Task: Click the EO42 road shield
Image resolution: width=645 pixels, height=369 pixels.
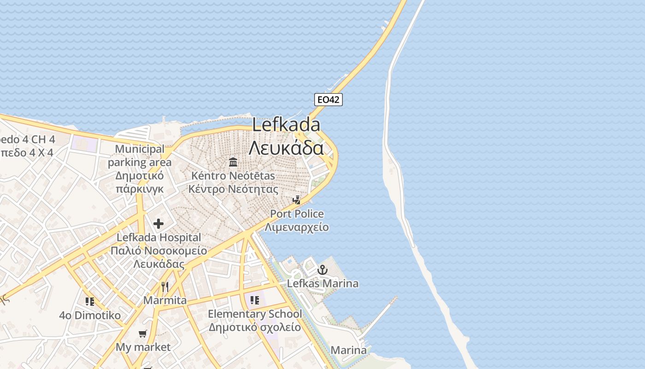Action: (x=328, y=99)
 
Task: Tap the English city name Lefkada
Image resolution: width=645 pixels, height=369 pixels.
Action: (x=286, y=125)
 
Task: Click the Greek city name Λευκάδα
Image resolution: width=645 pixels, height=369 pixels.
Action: (x=286, y=148)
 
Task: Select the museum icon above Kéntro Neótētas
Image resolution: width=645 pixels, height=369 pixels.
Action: (x=233, y=162)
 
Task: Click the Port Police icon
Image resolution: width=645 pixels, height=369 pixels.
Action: (x=297, y=200)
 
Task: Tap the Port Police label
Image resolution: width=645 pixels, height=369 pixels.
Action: (x=297, y=214)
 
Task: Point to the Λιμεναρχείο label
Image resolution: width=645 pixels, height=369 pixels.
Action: (x=297, y=227)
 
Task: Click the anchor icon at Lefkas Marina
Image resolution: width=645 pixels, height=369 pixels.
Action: (x=322, y=269)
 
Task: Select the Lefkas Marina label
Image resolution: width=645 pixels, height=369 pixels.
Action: (x=322, y=283)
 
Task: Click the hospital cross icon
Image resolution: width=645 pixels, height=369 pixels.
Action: (x=158, y=224)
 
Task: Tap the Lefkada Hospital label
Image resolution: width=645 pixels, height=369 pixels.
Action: (x=159, y=238)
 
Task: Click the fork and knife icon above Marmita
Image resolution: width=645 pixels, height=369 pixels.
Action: (x=165, y=287)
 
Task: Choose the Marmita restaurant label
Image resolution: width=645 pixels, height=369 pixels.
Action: (x=165, y=300)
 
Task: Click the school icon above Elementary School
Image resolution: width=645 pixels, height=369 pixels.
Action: (x=255, y=300)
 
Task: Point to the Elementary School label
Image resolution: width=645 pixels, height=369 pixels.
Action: (x=255, y=314)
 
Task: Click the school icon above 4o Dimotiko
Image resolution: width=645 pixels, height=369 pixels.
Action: (x=90, y=302)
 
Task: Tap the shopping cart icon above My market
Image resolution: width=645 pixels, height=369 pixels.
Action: (x=143, y=333)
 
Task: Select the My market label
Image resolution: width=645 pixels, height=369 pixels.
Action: (x=143, y=347)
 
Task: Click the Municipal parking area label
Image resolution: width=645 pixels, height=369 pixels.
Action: (x=140, y=156)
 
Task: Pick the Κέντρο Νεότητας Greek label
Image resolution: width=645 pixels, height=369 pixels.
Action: (x=233, y=189)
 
